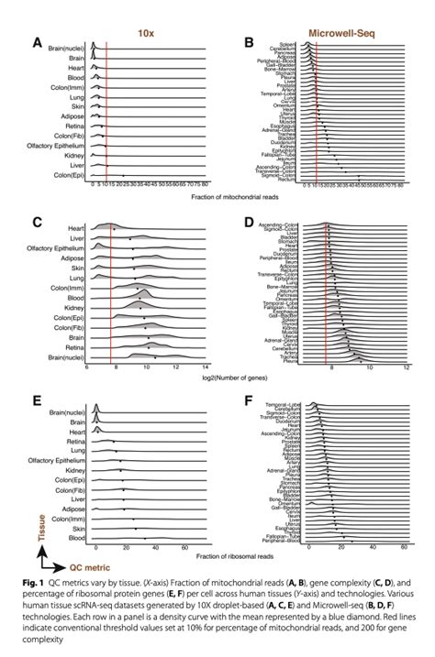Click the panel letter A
(x=38, y=40)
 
